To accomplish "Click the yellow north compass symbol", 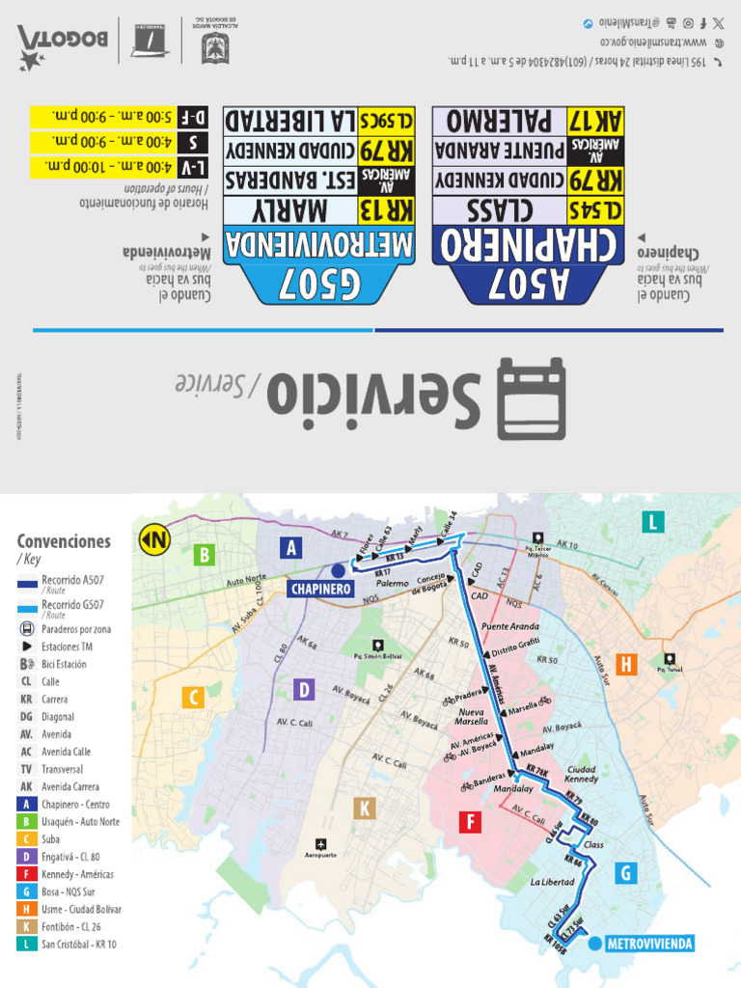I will [153, 540].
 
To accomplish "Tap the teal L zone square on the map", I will [653, 522].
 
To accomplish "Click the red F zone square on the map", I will [470, 822].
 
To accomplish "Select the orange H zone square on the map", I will [628, 664].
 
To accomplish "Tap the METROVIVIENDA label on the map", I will [648, 944].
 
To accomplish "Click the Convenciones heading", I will [64, 541].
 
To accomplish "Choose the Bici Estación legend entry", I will [64, 664].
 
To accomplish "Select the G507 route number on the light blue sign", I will [318, 284].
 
